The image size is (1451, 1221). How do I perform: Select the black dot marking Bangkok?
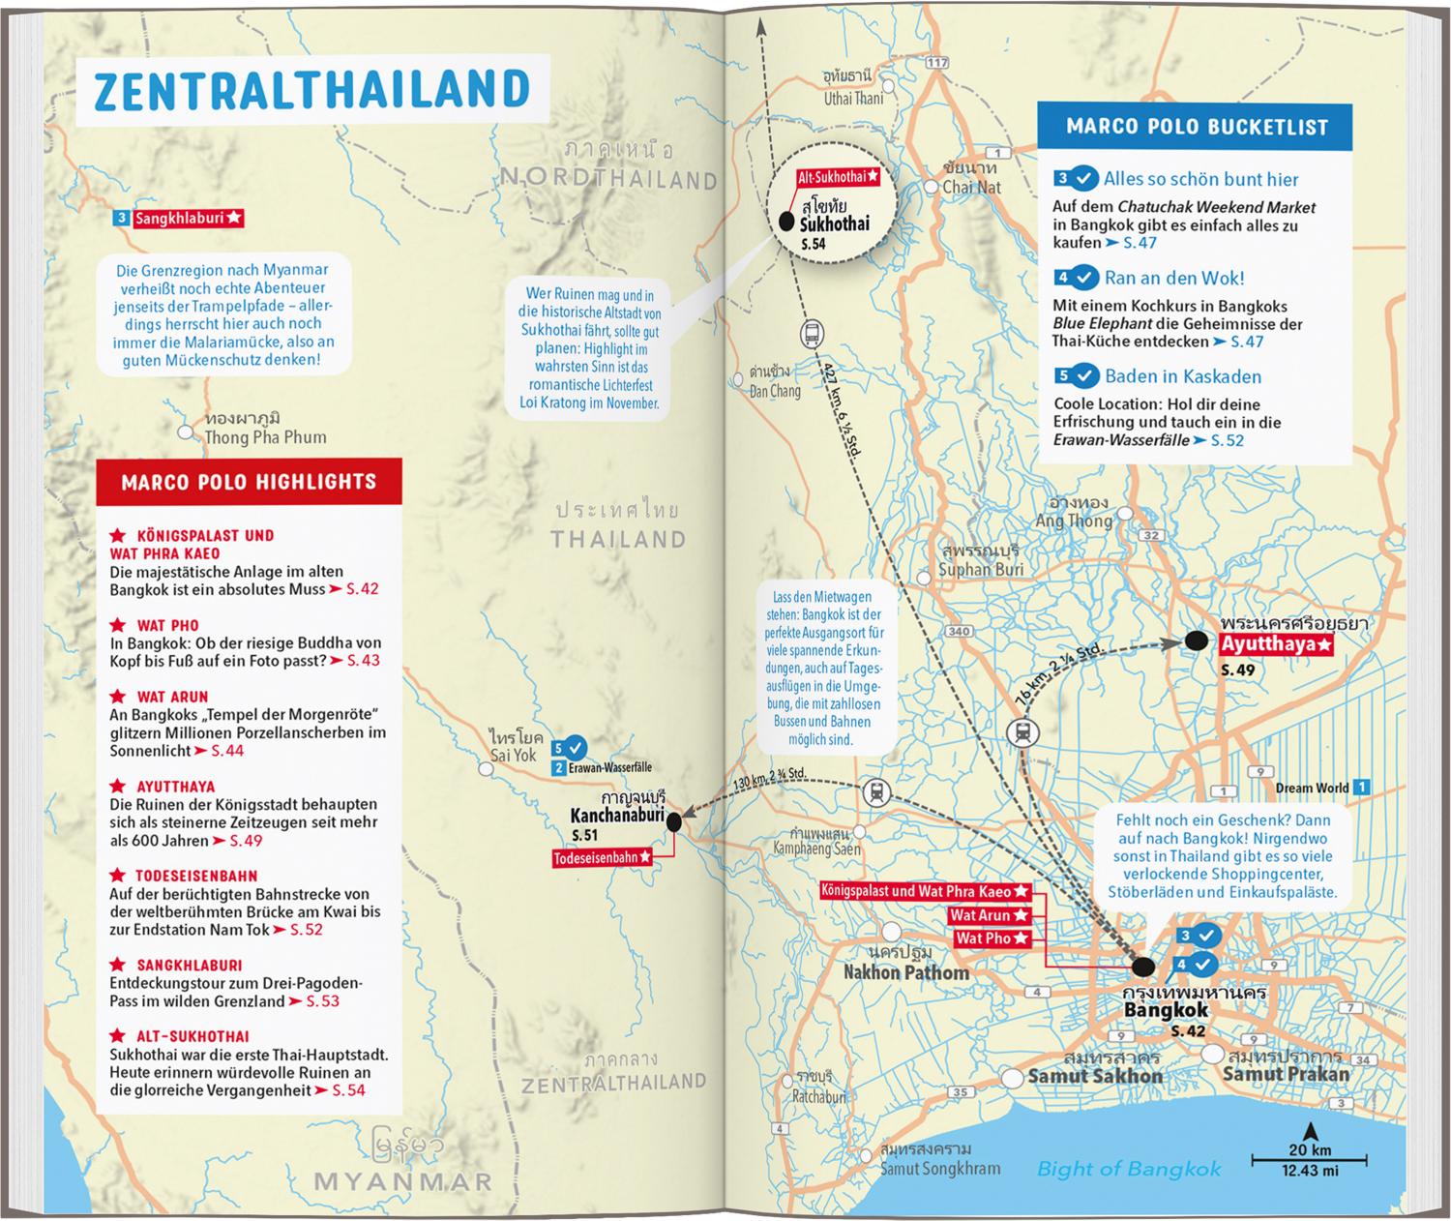(x=1143, y=967)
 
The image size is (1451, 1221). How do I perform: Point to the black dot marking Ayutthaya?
(x=1198, y=640)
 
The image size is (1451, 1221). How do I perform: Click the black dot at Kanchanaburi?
(x=674, y=821)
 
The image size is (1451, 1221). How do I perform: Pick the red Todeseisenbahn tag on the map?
(x=601, y=858)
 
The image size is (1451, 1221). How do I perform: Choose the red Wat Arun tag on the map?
(x=987, y=915)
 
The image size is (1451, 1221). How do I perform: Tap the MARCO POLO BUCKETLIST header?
(x=1197, y=127)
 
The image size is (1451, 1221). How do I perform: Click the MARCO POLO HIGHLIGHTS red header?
(x=249, y=482)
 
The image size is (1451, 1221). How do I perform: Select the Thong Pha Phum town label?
(x=264, y=437)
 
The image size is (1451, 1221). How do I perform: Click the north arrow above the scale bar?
(x=1310, y=1130)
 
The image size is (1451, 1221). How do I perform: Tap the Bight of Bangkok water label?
(x=1128, y=1169)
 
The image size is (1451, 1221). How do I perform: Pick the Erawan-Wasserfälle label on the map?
(x=611, y=767)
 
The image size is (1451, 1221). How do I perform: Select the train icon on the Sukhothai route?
(x=812, y=335)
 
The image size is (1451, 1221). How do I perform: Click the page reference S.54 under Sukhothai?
(x=814, y=244)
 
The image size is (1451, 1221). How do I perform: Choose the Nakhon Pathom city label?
(x=905, y=972)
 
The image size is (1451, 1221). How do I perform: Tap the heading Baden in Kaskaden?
(x=1182, y=376)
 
